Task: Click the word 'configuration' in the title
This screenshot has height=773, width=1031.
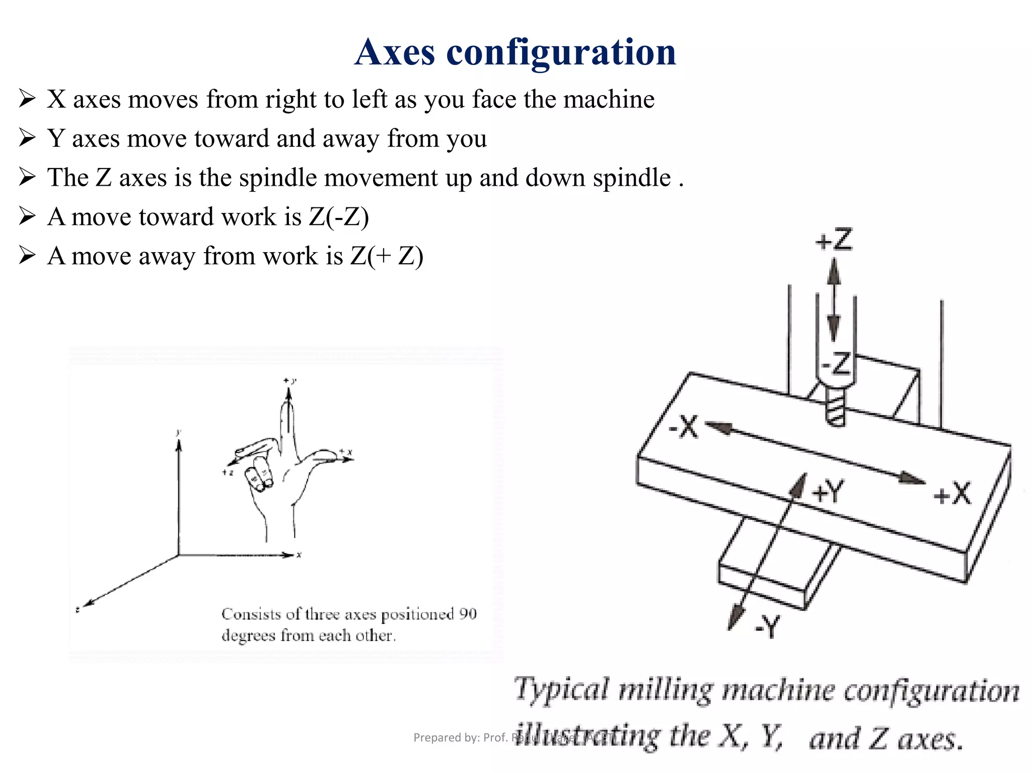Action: click(x=561, y=53)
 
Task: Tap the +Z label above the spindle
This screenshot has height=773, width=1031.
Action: click(x=834, y=240)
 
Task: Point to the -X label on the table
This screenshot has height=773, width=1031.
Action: click(x=684, y=427)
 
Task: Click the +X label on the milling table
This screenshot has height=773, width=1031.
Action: click(x=952, y=494)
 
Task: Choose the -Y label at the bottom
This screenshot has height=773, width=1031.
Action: click(x=767, y=627)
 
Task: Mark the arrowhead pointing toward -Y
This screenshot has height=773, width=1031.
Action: click(x=736, y=617)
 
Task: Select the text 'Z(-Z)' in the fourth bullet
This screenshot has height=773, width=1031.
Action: click(x=339, y=217)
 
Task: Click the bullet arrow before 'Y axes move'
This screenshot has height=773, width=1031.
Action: click(x=27, y=137)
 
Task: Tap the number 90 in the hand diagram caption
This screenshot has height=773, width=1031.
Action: click(x=468, y=614)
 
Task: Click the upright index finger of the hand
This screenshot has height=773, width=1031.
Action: click(x=288, y=423)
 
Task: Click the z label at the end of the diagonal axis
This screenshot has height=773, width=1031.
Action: click(x=78, y=609)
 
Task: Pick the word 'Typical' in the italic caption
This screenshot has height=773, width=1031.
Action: click(x=561, y=689)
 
